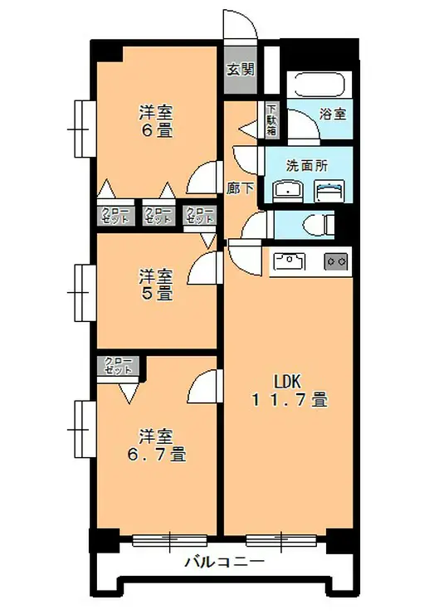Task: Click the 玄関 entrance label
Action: click(241, 69)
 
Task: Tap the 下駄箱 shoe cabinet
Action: click(272, 118)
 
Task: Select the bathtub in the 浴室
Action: click(320, 85)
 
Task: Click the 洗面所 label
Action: click(306, 164)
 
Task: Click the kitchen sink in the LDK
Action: click(290, 261)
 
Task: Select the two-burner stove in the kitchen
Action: click(337, 261)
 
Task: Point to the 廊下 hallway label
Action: click(239, 188)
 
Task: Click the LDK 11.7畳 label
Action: click(289, 390)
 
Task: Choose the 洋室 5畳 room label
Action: click(155, 284)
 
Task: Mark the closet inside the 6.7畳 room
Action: click(119, 367)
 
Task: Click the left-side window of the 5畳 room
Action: click(82, 291)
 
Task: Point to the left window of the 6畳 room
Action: click(82, 127)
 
